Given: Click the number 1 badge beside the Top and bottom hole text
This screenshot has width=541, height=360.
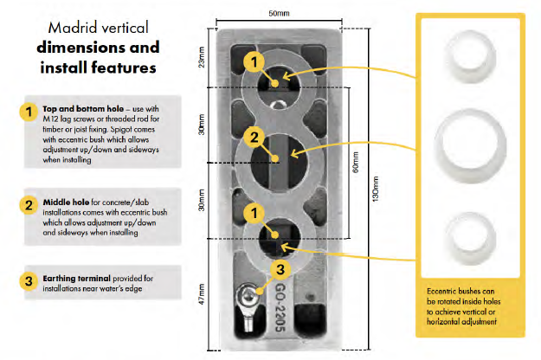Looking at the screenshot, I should click(x=26, y=112).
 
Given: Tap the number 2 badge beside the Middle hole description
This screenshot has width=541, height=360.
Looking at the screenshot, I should click(x=26, y=205).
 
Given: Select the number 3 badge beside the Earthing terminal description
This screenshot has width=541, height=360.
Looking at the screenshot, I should click(x=26, y=280).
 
